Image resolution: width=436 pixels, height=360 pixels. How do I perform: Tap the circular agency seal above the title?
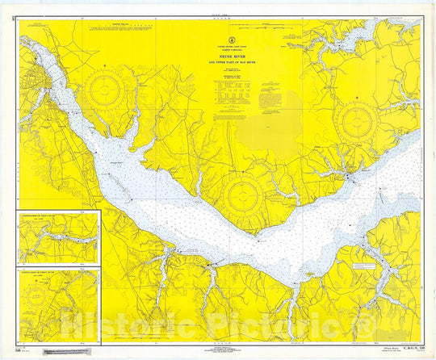tap(244, 40)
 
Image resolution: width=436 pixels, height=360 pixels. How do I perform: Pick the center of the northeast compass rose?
tap(355, 123)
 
